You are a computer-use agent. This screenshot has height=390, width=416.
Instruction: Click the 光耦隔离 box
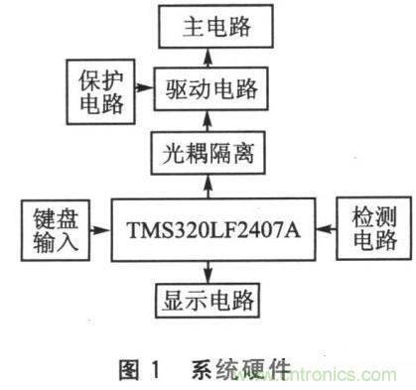pos(208,154)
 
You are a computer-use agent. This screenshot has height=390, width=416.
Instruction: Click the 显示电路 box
pos(208,298)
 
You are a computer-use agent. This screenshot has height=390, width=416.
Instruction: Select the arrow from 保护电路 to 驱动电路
pos(140,90)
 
